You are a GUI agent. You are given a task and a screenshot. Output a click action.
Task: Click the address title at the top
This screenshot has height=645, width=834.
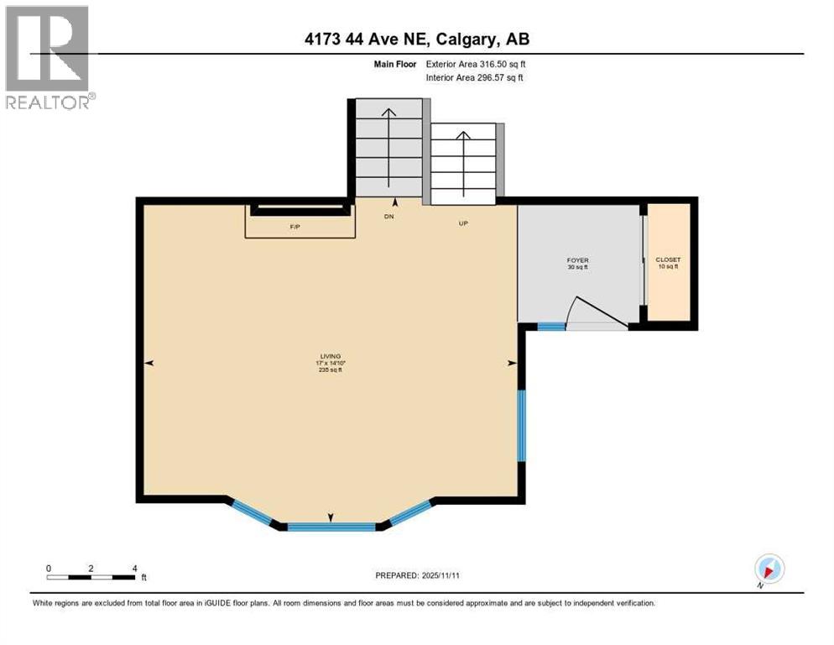(417, 39)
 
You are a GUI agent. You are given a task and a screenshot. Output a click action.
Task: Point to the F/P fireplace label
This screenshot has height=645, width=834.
(295, 227)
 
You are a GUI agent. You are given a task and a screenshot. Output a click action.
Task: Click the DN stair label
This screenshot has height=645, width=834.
(388, 217)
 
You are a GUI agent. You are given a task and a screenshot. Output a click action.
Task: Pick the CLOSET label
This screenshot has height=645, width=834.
(668, 263)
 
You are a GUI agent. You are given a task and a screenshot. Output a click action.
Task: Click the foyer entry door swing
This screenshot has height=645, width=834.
(597, 313)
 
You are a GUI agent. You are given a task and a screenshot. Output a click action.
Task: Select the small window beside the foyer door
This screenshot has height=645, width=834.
(551, 327)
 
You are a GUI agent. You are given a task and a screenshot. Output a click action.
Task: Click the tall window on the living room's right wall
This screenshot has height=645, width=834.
(521, 425)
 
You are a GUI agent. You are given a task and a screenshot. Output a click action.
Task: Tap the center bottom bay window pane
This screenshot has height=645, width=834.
(331, 527)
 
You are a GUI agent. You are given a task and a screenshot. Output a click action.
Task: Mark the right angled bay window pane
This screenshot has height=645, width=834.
(409, 512)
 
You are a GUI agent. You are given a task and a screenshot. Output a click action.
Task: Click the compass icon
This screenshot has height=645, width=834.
(769, 569)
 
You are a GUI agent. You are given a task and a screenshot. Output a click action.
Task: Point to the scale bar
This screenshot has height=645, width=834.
(91, 576)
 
